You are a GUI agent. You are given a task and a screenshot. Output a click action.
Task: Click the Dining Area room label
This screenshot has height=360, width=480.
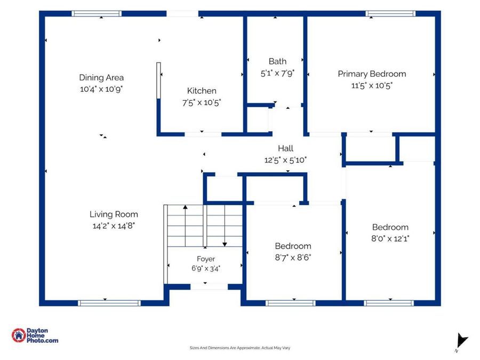101,77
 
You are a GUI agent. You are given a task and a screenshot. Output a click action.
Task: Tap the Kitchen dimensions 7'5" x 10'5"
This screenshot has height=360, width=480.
202,102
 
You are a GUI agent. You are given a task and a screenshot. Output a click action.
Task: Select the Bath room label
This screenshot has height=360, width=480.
277,61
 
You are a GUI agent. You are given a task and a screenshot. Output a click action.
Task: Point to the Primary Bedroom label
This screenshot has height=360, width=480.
372,74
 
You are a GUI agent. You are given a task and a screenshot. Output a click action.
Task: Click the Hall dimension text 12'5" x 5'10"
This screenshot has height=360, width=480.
285,160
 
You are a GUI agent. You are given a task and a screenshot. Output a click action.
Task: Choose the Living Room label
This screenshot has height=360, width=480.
114,214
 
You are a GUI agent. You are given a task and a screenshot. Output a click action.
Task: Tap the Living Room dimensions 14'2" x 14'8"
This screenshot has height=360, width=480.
114,226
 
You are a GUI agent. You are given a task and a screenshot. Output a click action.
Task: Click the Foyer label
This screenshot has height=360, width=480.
206,259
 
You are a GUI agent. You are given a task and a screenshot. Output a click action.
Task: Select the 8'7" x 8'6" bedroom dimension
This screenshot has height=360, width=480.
293,258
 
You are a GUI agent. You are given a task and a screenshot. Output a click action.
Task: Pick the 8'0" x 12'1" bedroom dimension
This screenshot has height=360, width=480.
390,238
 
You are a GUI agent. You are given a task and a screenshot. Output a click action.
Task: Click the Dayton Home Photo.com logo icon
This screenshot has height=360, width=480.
19,335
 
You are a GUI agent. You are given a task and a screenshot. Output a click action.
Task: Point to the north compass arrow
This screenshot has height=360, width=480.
462,341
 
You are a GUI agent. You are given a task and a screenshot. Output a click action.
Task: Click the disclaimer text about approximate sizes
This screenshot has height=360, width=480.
239,348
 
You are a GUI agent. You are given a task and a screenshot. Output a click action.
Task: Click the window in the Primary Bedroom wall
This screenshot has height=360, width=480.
390,13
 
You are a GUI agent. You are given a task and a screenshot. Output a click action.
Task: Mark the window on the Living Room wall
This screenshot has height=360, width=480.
109,303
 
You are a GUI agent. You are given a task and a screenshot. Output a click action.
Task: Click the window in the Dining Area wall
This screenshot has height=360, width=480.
97,13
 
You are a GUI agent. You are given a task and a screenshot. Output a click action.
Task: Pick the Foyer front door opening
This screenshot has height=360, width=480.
209,287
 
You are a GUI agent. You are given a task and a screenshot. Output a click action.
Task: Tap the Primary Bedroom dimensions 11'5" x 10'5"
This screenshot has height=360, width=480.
372,85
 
